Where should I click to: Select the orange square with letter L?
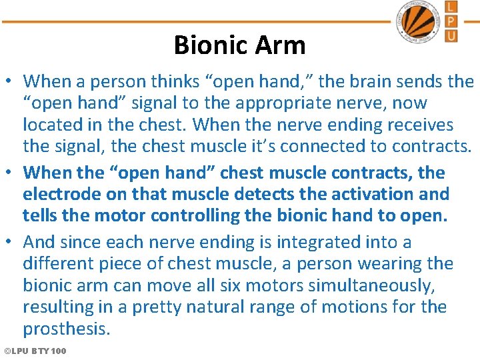tap(451, 7)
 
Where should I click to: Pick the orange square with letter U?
tap(451, 35)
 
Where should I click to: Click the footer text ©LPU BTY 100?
tap(35, 351)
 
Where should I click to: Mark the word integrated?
tap(320, 242)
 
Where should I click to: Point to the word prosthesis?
tap(65, 329)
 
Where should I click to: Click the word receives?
tap(415, 125)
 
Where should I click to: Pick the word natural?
tap(225, 307)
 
